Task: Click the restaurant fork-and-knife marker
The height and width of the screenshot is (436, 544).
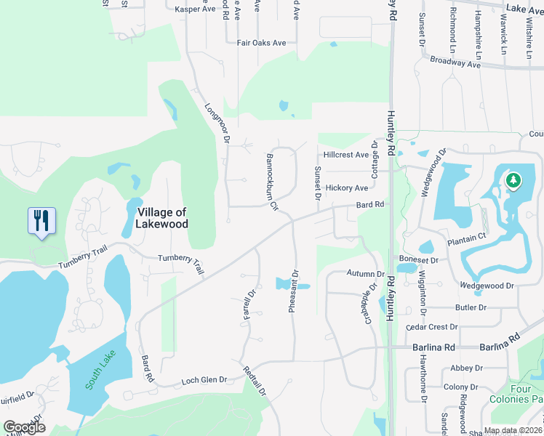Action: [x=41, y=220]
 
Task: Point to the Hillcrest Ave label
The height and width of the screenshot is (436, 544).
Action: [x=346, y=155]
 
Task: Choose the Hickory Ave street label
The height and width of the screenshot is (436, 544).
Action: [x=347, y=187]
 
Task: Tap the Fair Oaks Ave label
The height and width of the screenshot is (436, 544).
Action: [x=262, y=43]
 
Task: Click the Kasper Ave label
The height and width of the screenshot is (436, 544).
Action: [x=196, y=9]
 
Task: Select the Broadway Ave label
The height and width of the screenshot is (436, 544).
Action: [x=455, y=63]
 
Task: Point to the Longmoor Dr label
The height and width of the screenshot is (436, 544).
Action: [x=217, y=122]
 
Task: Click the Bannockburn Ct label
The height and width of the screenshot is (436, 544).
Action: [x=272, y=182]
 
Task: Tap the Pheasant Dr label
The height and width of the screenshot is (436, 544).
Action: [x=293, y=292]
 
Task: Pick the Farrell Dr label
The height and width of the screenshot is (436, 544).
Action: [x=252, y=307]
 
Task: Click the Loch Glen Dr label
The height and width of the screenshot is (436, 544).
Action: [x=204, y=379]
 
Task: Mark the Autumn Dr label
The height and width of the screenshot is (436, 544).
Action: [x=365, y=274]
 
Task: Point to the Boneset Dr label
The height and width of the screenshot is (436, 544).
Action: [x=418, y=259]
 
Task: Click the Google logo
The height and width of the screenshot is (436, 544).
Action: [x=24, y=427]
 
